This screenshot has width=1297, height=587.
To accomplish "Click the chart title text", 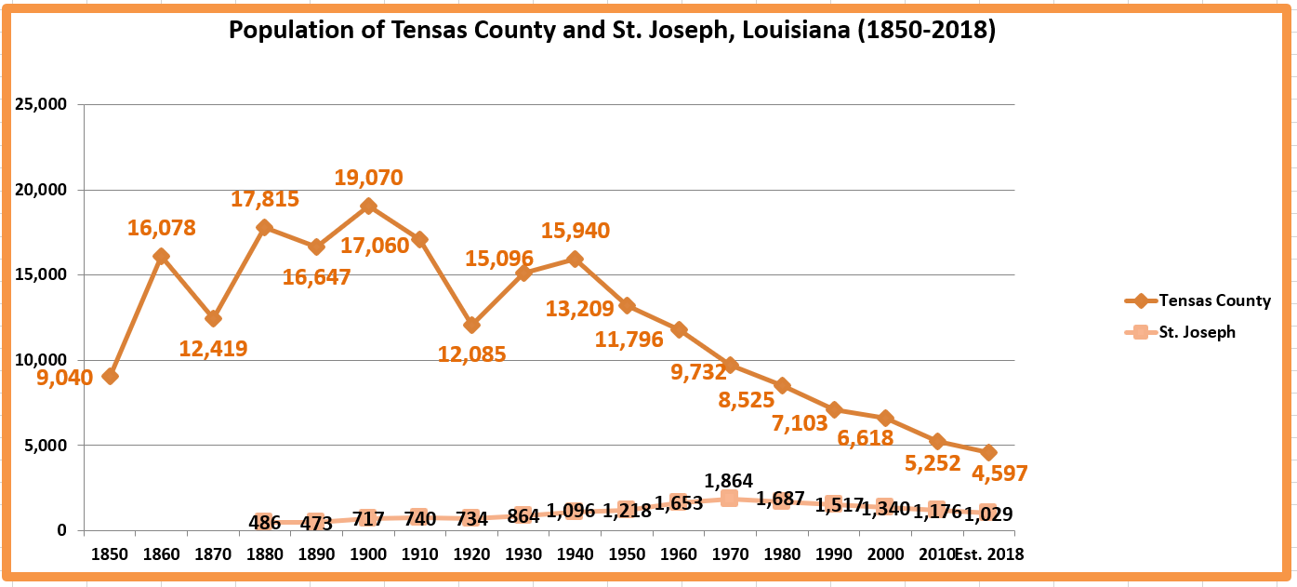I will click(612, 31).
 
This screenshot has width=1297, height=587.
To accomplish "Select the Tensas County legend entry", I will click(1198, 300).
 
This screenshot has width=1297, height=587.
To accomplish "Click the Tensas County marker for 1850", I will click(110, 376).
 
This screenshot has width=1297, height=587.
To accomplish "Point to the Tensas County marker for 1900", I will click(369, 206).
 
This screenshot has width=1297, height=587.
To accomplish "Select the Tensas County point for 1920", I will click(472, 325).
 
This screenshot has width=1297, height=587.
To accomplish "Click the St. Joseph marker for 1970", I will click(729, 499).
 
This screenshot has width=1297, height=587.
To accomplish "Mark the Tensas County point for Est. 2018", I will click(988, 452).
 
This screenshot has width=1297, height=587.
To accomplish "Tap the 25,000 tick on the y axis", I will click(40, 104).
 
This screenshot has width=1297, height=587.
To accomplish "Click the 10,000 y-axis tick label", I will click(40, 360).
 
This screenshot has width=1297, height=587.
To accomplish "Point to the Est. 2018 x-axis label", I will click(991, 554).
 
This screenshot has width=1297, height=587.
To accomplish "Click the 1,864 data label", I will click(729, 480).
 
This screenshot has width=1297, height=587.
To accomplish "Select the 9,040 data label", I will click(63, 378).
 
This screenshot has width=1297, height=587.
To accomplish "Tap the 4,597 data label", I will click(999, 474).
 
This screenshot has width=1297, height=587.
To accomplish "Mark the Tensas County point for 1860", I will click(161, 256).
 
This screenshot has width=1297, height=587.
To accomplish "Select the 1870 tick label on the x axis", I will click(213, 554).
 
